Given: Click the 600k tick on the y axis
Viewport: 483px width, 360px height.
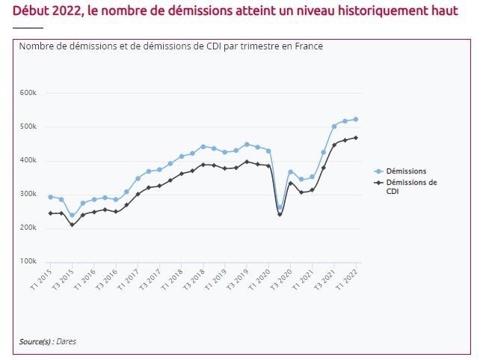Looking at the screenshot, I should coord(28,93).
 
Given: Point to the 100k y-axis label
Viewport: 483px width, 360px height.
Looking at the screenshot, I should coord(28,262).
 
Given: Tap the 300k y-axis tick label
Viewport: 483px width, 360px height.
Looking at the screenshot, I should coord(28,195).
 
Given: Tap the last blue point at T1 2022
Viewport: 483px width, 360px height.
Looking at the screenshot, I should coord(356,119).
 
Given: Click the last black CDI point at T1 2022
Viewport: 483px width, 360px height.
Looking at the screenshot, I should coord(356,138).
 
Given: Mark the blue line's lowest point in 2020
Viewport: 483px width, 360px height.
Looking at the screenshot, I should coord(280,208).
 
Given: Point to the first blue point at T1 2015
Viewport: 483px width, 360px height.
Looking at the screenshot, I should coord(50,197).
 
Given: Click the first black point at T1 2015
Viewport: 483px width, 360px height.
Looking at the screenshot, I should coord(50,213).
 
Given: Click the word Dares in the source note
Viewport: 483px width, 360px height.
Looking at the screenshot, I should coord(67,341).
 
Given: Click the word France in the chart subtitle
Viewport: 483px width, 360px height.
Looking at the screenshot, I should coord(308,46).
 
